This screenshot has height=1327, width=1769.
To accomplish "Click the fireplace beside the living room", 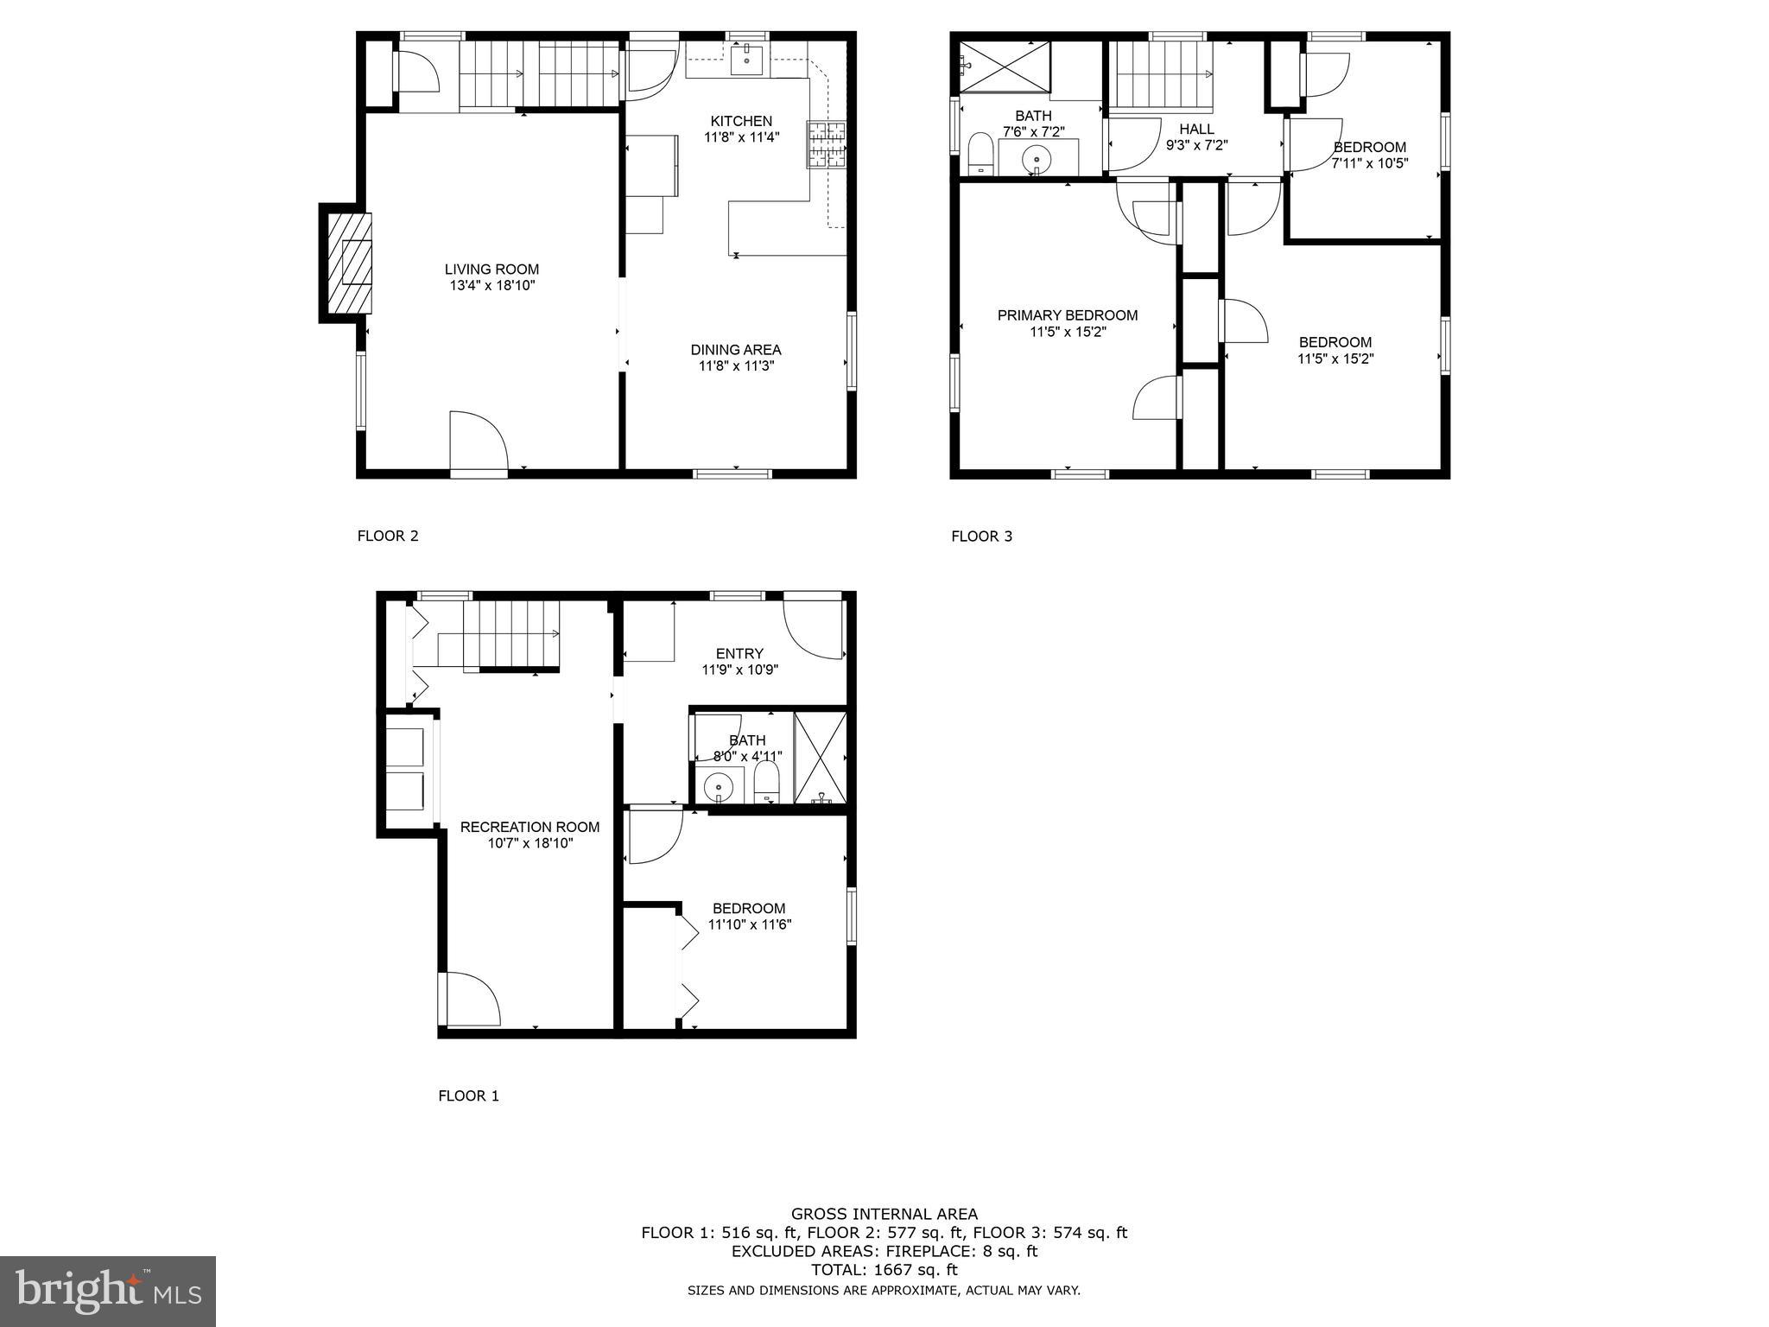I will tap(348, 263).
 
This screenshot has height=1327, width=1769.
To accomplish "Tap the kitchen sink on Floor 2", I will tap(746, 60).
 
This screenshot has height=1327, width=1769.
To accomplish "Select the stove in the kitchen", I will tap(827, 144).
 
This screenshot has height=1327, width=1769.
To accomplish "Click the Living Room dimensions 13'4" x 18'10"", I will tap(491, 285).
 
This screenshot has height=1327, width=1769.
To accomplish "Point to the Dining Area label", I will tap(735, 350).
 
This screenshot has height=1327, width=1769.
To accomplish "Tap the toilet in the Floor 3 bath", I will tap(980, 154).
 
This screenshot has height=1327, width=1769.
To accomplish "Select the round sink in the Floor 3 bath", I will tap(1037, 159).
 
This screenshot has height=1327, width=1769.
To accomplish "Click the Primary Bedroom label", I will tap(1067, 315).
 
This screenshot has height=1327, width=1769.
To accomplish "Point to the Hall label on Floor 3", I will tap(1196, 129).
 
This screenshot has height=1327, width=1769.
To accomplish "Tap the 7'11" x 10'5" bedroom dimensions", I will tap(1369, 162).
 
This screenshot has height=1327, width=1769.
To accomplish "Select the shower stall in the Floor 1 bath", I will tap(820, 758).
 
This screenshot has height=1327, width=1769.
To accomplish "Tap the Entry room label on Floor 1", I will tap(739, 653).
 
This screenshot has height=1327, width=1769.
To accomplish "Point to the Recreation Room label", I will tap(529, 827).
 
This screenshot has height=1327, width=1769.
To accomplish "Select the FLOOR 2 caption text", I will tap(388, 536).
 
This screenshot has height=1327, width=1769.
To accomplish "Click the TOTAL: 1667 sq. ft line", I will tap(884, 1270).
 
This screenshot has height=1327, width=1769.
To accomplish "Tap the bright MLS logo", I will tap(108, 1292).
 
